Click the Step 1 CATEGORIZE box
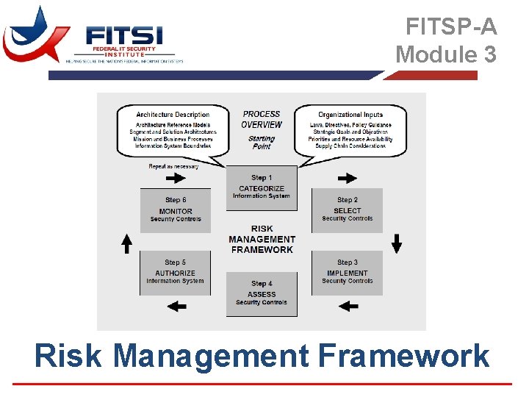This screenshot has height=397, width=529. pyautogui.click(x=262, y=188)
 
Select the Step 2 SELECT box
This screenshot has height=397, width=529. pyautogui.click(x=348, y=210)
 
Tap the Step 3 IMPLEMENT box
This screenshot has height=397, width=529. pyautogui.click(x=348, y=273)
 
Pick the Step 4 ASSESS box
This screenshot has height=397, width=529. pyautogui.click(x=262, y=294)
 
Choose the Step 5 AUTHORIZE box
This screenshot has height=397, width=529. pyautogui.click(x=175, y=273)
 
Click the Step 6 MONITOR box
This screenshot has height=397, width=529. pyautogui.click(x=175, y=210)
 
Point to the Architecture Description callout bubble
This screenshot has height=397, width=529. pyautogui.click(x=173, y=131)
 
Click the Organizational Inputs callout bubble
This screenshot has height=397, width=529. pyautogui.click(x=350, y=131)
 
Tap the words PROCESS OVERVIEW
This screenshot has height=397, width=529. pyautogui.click(x=262, y=119)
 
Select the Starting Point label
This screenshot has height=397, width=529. pyautogui.click(x=262, y=142)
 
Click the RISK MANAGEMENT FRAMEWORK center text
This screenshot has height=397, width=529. pyautogui.click(x=262, y=240)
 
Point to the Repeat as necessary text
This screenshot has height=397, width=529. pyautogui.click(x=173, y=167)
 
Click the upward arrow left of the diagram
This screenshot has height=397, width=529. pyautogui.click(x=126, y=243)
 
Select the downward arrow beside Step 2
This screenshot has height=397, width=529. pyautogui.click(x=397, y=243)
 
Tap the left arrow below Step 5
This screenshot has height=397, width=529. pyautogui.click(x=176, y=306)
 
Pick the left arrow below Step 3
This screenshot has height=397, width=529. pyautogui.click(x=348, y=306)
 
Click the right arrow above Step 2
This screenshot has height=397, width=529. pyautogui.click(x=348, y=178)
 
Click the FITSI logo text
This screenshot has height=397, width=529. pyautogui.click(x=123, y=35)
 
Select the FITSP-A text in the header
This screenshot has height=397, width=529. pyautogui.click(x=451, y=27)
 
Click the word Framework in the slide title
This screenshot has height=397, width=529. pyautogui.click(x=403, y=357)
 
